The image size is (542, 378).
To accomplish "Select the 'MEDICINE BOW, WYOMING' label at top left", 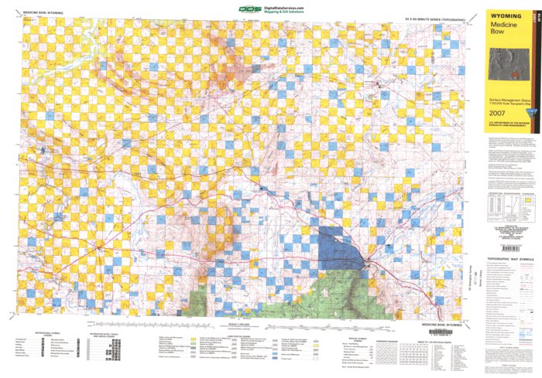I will click(x=43, y=13).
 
